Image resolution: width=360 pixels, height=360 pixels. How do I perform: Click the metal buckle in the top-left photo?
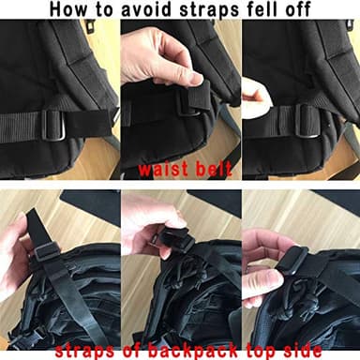(52, 124)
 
